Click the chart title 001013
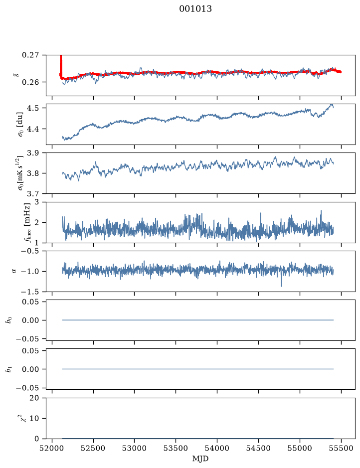(195, 8)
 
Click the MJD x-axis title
(200, 459)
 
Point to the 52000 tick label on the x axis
(52, 448)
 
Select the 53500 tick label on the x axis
(176, 448)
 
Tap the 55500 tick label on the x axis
(341, 448)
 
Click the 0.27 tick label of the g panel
(30, 55)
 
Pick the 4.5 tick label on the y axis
(32, 108)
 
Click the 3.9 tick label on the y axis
(32, 153)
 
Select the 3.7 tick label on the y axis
(32, 194)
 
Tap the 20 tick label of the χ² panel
(34, 398)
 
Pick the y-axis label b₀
(9, 320)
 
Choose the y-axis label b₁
(9, 369)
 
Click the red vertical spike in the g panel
(61, 66)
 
